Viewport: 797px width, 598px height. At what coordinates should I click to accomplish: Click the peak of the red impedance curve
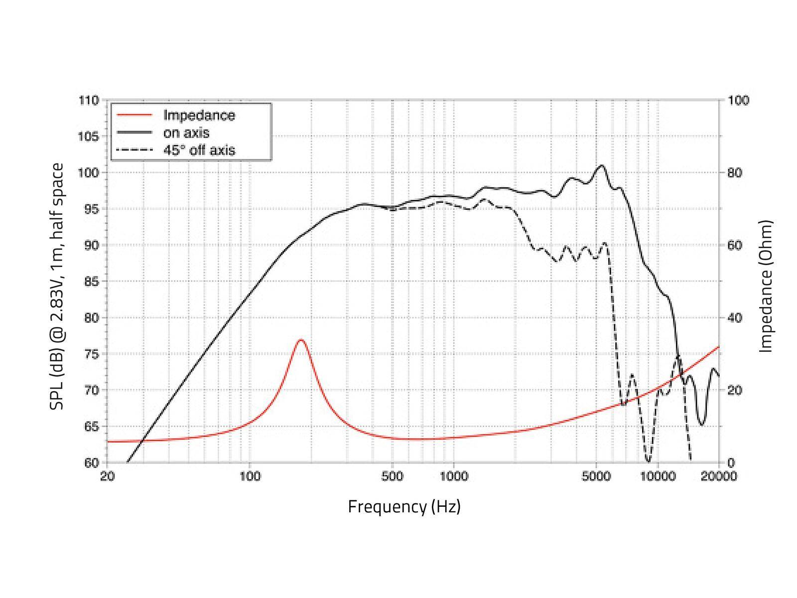pos(300,340)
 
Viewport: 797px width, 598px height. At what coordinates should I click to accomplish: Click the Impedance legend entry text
pos(199,115)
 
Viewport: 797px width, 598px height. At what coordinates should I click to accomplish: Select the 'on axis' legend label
pos(186,133)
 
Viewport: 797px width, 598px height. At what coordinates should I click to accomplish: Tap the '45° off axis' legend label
pos(199,150)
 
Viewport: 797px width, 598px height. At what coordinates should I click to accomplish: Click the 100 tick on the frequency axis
pos(250,476)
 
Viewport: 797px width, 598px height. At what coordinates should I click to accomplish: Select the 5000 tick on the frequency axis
pos(596,476)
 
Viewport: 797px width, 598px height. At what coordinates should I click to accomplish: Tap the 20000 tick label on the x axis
pos(719,476)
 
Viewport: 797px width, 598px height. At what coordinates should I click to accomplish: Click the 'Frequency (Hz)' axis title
pos(404,506)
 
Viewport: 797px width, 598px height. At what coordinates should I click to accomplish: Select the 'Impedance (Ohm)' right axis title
pos(766,286)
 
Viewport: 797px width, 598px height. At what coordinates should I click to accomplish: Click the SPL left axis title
pos(57,286)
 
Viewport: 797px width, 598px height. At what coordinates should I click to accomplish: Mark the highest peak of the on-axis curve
pos(602,165)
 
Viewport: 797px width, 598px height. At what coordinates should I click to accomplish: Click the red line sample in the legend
pos(134,115)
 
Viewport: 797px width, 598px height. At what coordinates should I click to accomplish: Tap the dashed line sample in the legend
pos(134,150)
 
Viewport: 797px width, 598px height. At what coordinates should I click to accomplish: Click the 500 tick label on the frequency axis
pos(392,476)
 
